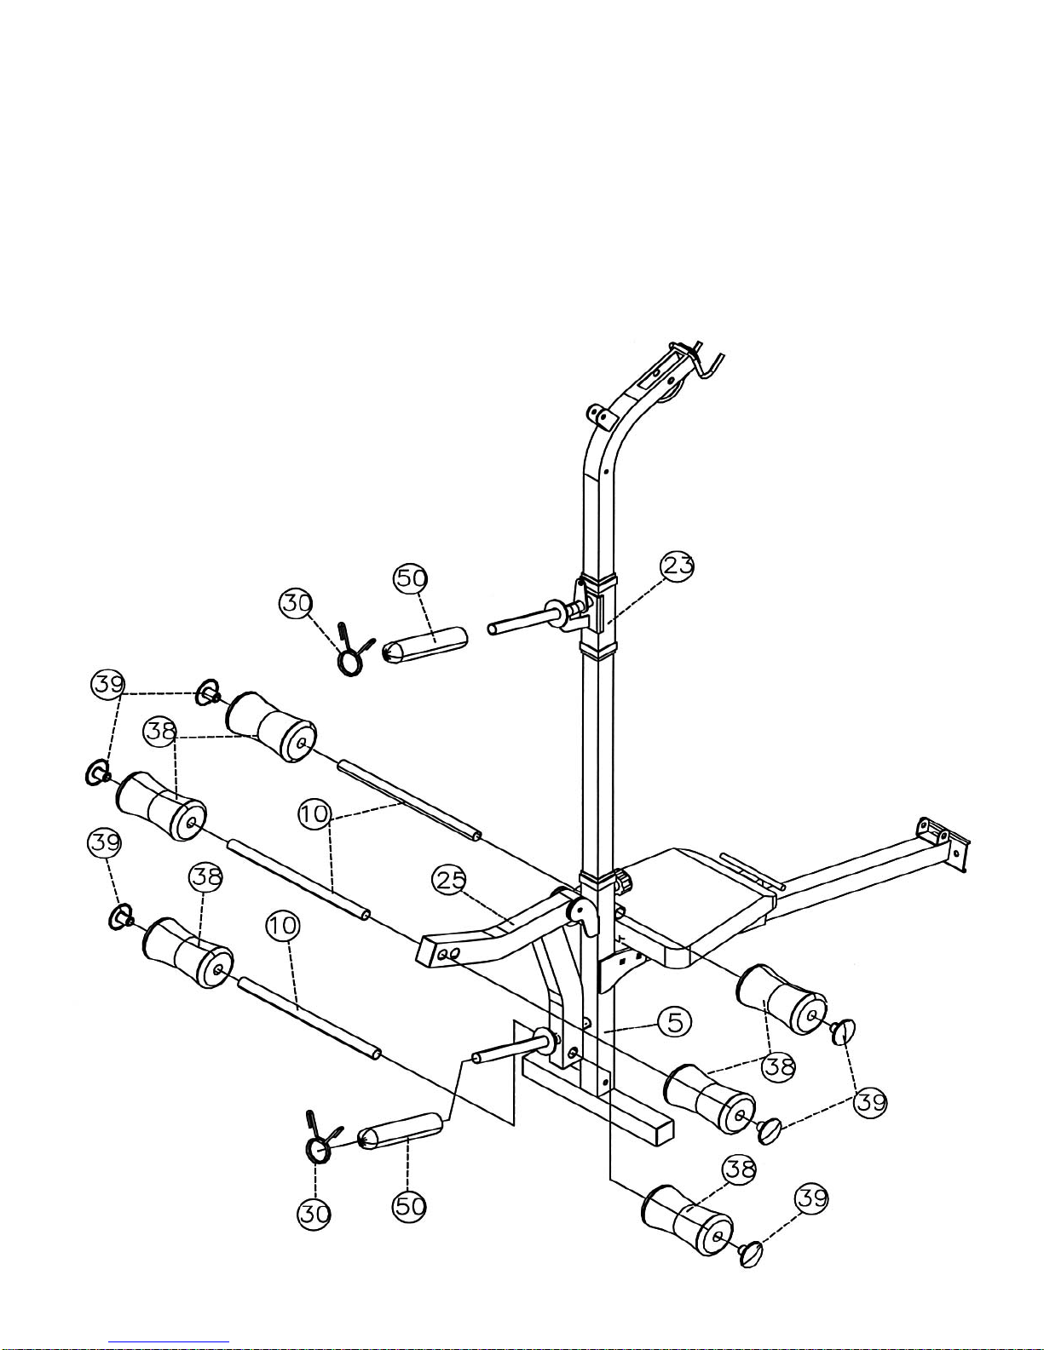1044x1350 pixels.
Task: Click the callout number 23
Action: [x=677, y=566]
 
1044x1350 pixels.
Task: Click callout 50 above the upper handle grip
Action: [x=411, y=577]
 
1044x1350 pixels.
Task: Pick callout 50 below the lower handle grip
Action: [x=410, y=1207]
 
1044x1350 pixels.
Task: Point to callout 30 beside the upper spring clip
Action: [x=297, y=603]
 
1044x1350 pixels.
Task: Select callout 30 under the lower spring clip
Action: [x=314, y=1214]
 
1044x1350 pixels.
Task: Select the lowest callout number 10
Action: [x=283, y=927]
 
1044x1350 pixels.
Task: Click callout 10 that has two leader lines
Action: [x=314, y=813]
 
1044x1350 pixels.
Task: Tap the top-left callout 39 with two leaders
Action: [x=108, y=684]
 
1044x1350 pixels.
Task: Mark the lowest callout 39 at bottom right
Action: [x=811, y=1198]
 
